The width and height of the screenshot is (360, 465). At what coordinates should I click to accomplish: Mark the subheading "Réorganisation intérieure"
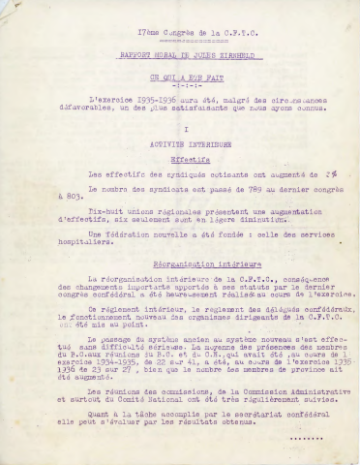pyautogui.click(x=181, y=291)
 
